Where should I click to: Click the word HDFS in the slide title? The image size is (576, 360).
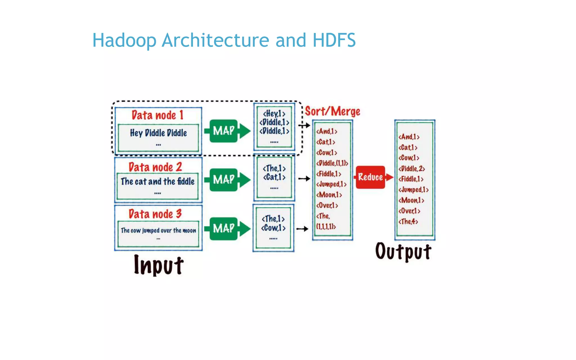[334, 40]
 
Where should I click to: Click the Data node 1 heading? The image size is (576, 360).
[157, 115]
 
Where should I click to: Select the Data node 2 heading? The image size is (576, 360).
[155, 167]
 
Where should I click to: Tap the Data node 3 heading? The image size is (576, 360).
[155, 214]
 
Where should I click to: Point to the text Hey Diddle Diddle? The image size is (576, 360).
[158, 133]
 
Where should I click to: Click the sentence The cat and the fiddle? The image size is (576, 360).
[157, 181]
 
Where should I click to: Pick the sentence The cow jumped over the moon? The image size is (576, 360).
[158, 231]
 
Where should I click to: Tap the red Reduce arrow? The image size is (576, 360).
[373, 177]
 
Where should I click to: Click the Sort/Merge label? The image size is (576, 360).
[332, 111]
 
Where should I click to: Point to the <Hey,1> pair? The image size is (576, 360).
[274, 114]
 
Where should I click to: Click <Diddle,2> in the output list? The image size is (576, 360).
[411, 169]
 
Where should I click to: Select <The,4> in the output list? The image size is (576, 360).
[408, 222]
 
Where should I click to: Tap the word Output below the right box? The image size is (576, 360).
[403, 251]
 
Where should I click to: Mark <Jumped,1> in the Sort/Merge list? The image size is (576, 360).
[331, 184]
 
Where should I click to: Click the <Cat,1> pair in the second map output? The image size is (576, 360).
[274, 177]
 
